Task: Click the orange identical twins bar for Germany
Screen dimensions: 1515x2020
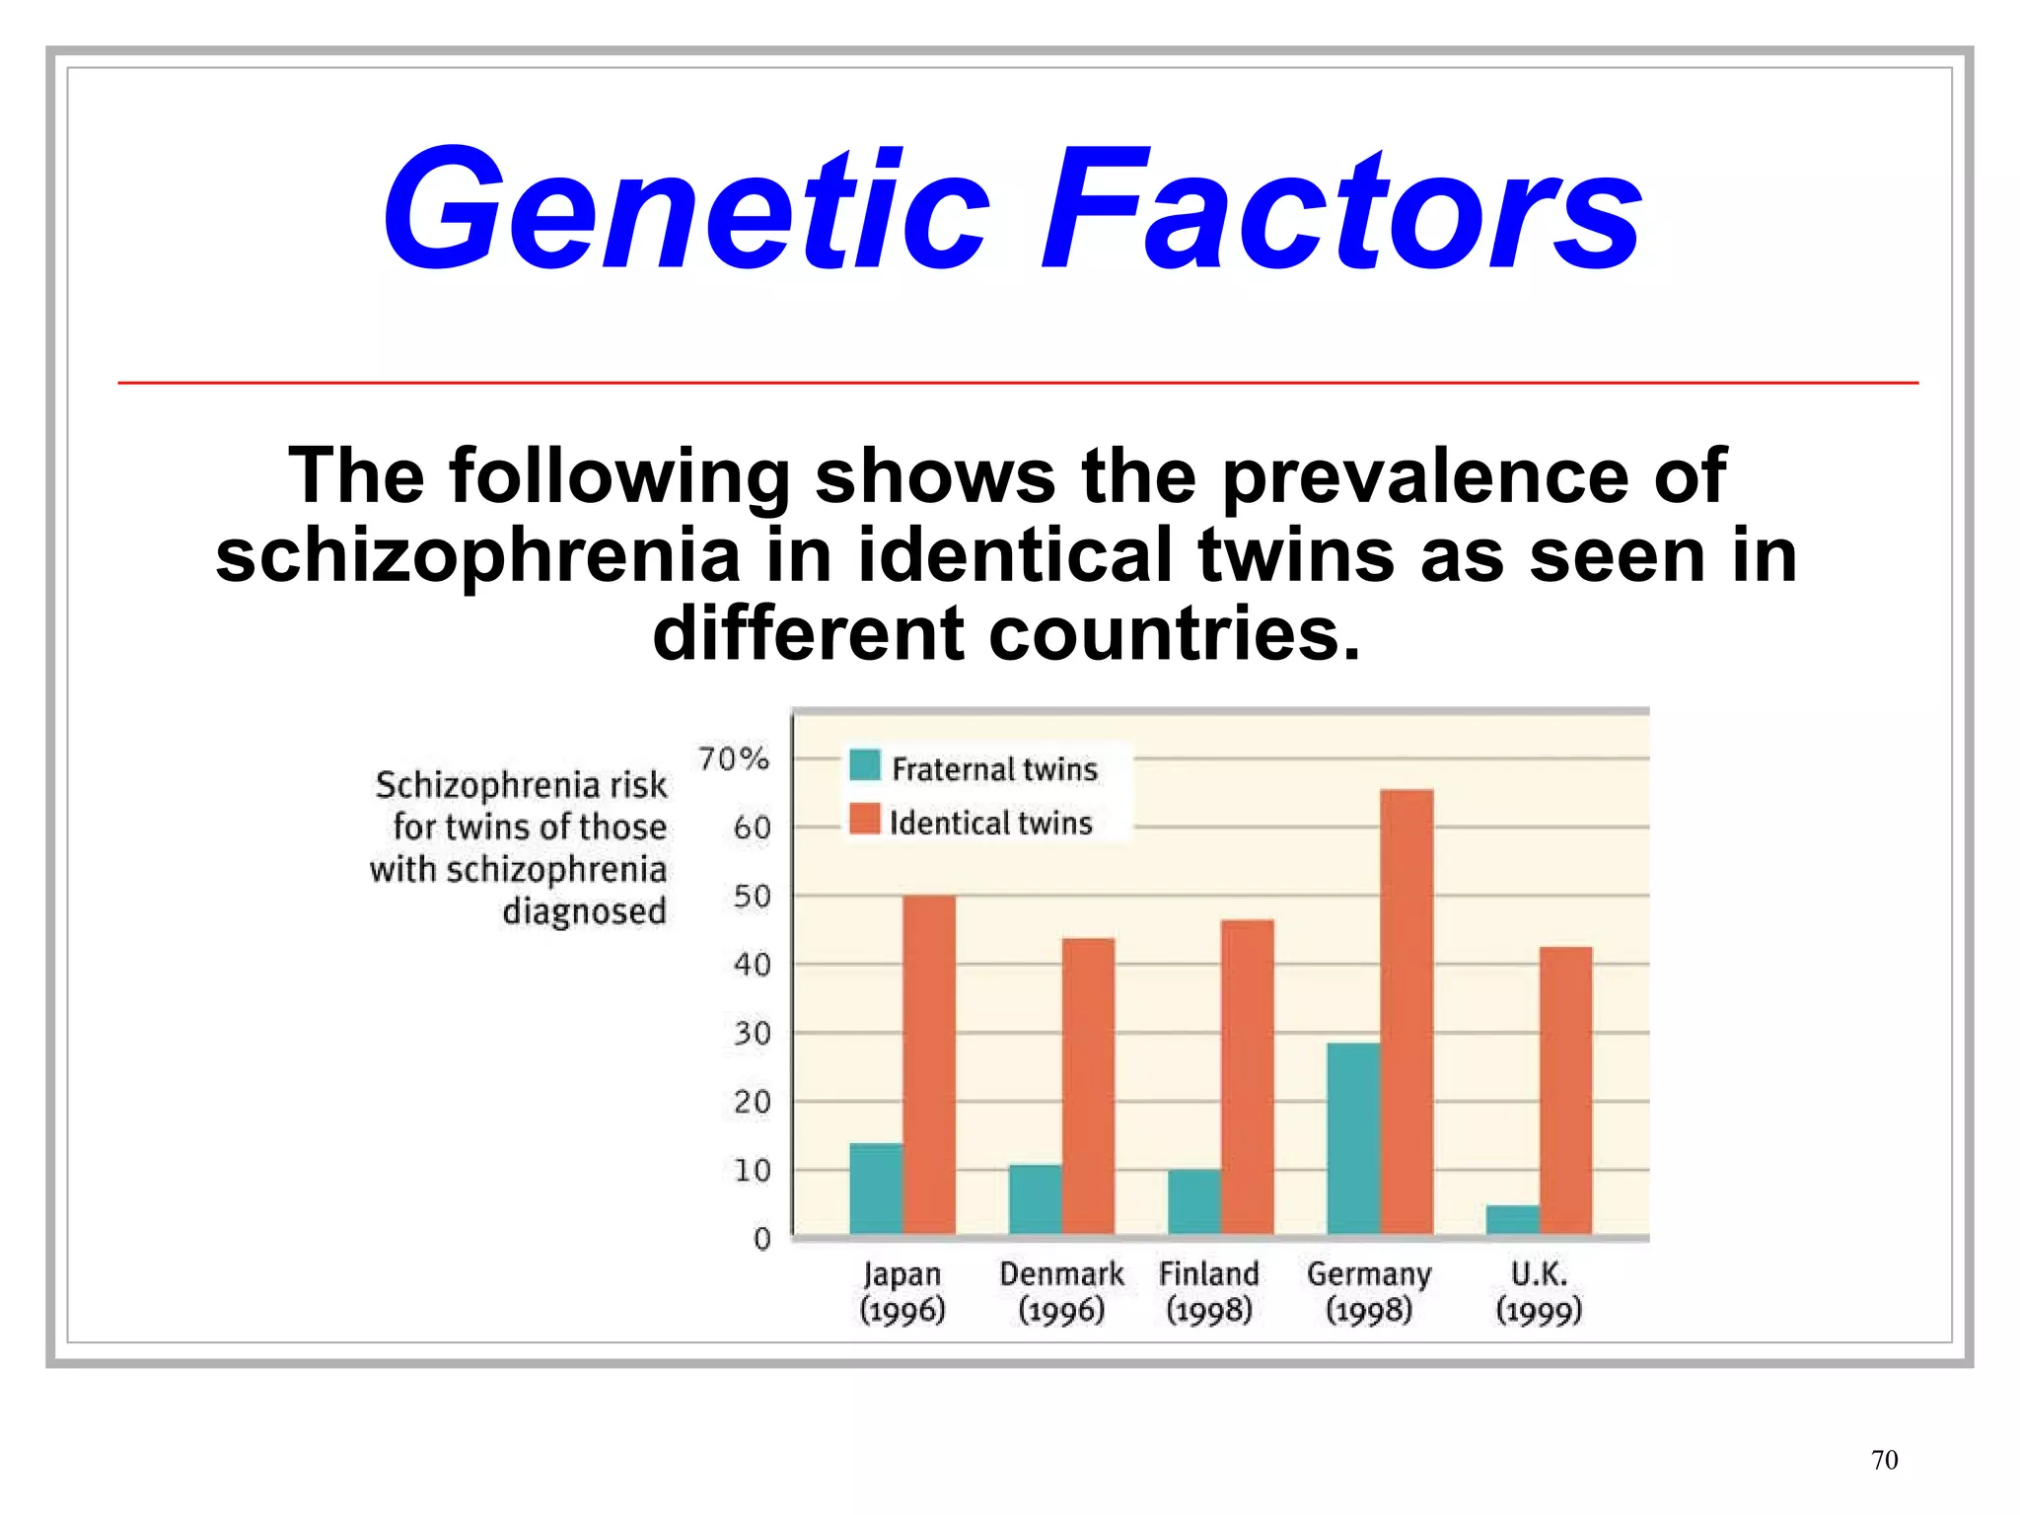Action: coord(1407,1011)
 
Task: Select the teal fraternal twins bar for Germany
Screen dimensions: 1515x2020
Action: coord(1353,1138)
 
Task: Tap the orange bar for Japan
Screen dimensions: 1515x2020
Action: coord(929,1064)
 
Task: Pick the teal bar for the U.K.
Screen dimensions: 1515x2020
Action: coord(1512,1219)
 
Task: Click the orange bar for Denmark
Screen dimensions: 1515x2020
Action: coord(1088,1085)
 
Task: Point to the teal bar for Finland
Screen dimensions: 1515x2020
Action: coord(1193,1201)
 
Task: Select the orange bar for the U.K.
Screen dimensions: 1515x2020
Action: coord(1565,1090)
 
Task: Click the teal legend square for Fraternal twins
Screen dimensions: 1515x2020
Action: coord(865,765)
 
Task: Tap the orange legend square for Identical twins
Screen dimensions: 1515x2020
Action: coord(865,820)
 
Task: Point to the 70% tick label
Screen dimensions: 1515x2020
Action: coord(733,758)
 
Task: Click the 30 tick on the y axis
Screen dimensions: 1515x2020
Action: coord(752,1034)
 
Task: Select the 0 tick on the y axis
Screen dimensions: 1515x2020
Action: coord(761,1239)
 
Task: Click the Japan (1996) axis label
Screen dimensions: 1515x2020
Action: coord(902,1292)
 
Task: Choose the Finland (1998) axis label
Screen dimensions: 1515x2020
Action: coord(1208,1292)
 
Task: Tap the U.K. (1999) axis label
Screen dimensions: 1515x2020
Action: coord(1539,1292)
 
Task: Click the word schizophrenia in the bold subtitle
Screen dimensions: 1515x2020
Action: coord(477,555)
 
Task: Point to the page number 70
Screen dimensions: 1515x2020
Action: coord(1884,1460)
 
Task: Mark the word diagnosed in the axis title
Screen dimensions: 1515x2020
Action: coord(584,911)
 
